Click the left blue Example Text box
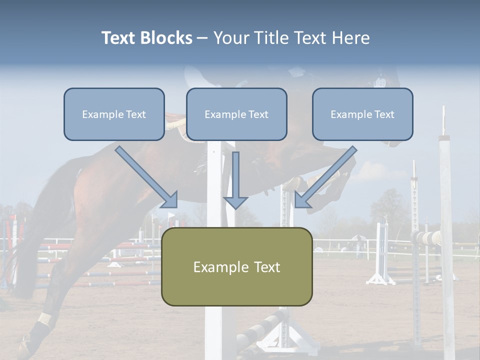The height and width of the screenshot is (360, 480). click(x=114, y=114)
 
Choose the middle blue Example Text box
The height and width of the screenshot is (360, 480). click(x=236, y=114)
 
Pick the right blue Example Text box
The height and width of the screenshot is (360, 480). click(x=362, y=114)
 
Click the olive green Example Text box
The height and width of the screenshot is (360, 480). click(x=236, y=266)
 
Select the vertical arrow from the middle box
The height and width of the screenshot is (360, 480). click(x=235, y=180)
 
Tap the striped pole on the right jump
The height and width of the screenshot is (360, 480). click(x=427, y=237)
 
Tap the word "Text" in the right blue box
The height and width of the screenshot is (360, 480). click(x=383, y=114)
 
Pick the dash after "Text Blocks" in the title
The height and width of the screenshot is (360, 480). click(x=203, y=38)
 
